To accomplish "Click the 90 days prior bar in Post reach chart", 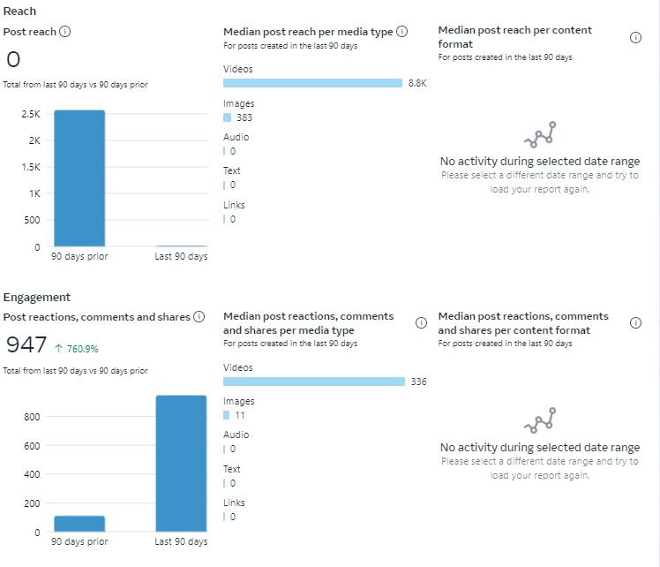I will point(79,178).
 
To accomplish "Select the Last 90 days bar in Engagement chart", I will point(181,463).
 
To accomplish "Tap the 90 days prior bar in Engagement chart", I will point(79,524).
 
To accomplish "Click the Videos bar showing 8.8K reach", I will point(312,83).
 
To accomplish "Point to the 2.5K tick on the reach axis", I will point(31,115).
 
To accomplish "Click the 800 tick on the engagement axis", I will point(32,417).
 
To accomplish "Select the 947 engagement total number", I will point(26,345).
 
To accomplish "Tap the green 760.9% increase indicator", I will point(79,348).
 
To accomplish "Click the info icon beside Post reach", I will point(64,32).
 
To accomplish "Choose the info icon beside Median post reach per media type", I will point(401,32).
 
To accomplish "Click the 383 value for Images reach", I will point(244,117).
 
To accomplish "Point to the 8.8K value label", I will point(416,83).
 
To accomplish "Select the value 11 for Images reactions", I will point(240,415).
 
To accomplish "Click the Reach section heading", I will point(20,11).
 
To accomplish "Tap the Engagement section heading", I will point(37,298).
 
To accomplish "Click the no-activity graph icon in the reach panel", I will point(540,135).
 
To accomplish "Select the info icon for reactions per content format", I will point(635,323).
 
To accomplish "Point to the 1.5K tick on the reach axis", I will point(31,167).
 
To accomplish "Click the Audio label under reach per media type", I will point(236,137).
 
